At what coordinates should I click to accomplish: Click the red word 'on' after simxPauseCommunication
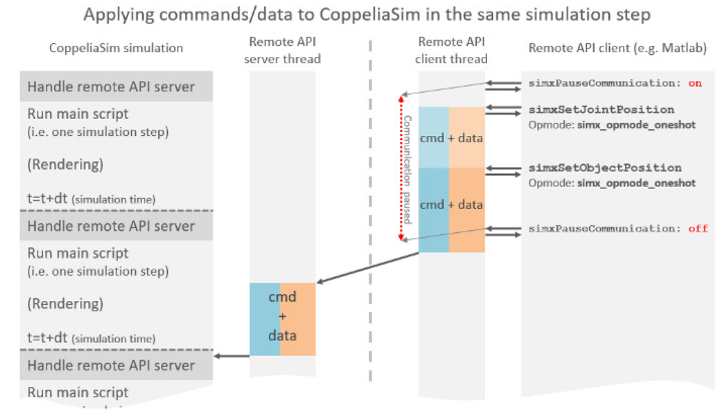click(695, 83)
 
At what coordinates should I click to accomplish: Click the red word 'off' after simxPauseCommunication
click(698, 229)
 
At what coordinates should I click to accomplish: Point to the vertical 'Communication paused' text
click(407, 170)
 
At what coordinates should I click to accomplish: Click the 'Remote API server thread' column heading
click(284, 50)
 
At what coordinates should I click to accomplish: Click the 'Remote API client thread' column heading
click(452, 50)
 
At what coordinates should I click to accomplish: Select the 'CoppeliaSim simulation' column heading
click(116, 48)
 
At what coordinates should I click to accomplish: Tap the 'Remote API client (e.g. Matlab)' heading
click(617, 48)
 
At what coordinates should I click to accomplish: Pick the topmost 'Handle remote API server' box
click(116, 87)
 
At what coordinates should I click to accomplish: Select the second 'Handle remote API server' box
click(116, 226)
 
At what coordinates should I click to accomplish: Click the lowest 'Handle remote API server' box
click(116, 366)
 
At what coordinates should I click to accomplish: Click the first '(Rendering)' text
click(65, 164)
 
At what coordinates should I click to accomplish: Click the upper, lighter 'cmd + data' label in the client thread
click(452, 138)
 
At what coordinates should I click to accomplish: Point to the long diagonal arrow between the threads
click(368, 268)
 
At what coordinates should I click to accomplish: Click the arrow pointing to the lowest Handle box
click(231, 356)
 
